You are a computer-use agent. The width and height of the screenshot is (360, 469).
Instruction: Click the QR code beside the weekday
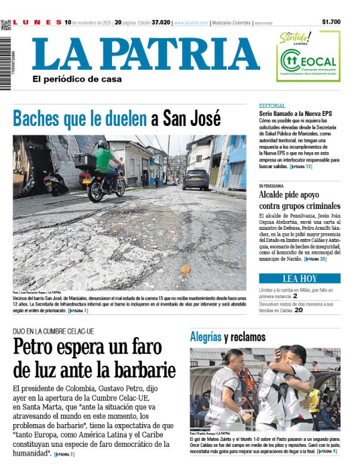tap(6, 23)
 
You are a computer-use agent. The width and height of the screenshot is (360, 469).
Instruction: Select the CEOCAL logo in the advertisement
tap(308, 63)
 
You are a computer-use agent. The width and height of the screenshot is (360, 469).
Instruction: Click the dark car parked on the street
tap(195, 179)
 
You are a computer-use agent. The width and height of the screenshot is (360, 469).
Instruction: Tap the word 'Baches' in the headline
tap(37, 119)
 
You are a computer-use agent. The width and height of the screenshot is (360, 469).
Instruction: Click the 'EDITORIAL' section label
tap(272, 106)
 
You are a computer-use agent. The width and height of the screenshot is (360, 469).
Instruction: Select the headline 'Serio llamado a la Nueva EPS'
tap(296, 115)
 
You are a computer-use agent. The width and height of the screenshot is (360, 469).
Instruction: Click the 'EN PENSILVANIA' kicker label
tap(274, 186)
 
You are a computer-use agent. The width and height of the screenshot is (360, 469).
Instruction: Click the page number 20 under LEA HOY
tap(299, 310)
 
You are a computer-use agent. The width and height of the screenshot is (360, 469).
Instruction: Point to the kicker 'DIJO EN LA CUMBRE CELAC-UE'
tap(53, 332)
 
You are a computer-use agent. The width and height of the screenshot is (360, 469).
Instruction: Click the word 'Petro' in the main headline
tap(41, 349)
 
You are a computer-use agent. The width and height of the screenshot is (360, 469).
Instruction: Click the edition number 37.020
tap(160, 22)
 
